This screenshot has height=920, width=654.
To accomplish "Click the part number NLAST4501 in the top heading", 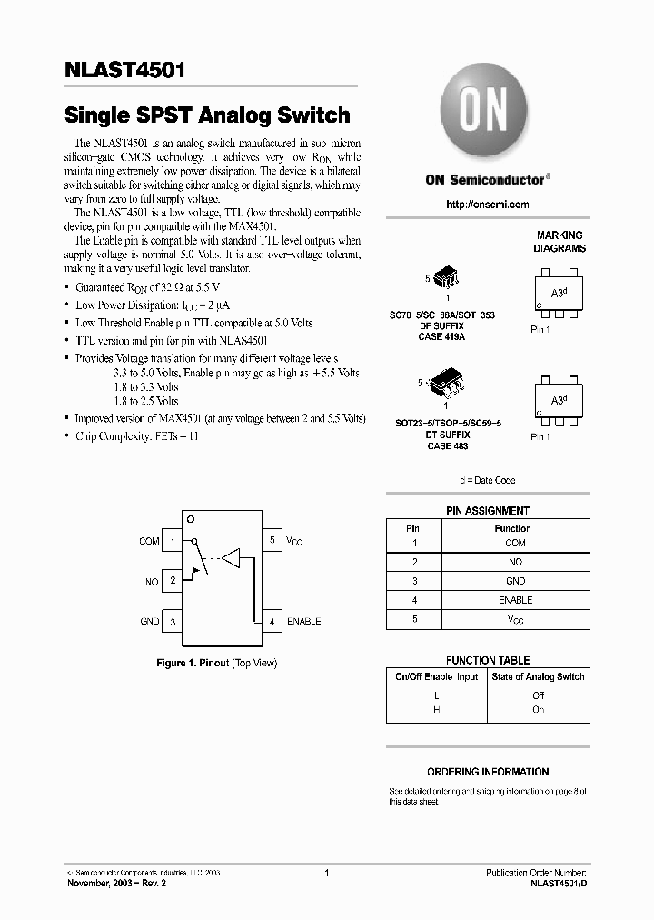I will click(x=127, y=71).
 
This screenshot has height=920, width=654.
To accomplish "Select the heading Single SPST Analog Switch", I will click(x=207, y=115).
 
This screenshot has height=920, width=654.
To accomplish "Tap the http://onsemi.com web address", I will click(x=488, y=205).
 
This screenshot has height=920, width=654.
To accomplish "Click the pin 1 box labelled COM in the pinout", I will click(x=173, y=541).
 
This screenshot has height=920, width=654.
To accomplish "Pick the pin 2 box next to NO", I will click(x=173, y=581).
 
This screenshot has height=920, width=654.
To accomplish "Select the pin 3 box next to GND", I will click(x=173, y=621).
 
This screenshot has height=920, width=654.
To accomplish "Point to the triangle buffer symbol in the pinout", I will click(x=232, y=557).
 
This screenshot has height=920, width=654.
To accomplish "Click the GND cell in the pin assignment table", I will click(x=515, y=581).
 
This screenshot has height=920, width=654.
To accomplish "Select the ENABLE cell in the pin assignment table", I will click(x=515, y=600).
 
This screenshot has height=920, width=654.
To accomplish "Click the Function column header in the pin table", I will click(x=512, y=528).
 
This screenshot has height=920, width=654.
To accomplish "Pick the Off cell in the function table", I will click(x=538, y=695).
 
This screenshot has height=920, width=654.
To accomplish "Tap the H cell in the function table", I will click(x=436, y=709).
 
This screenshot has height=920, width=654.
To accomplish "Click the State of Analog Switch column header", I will click(x=538, y=676).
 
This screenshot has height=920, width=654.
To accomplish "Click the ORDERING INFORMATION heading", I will click(x=488, y=772).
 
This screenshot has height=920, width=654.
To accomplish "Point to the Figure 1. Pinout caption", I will click(x=216, y=664).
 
